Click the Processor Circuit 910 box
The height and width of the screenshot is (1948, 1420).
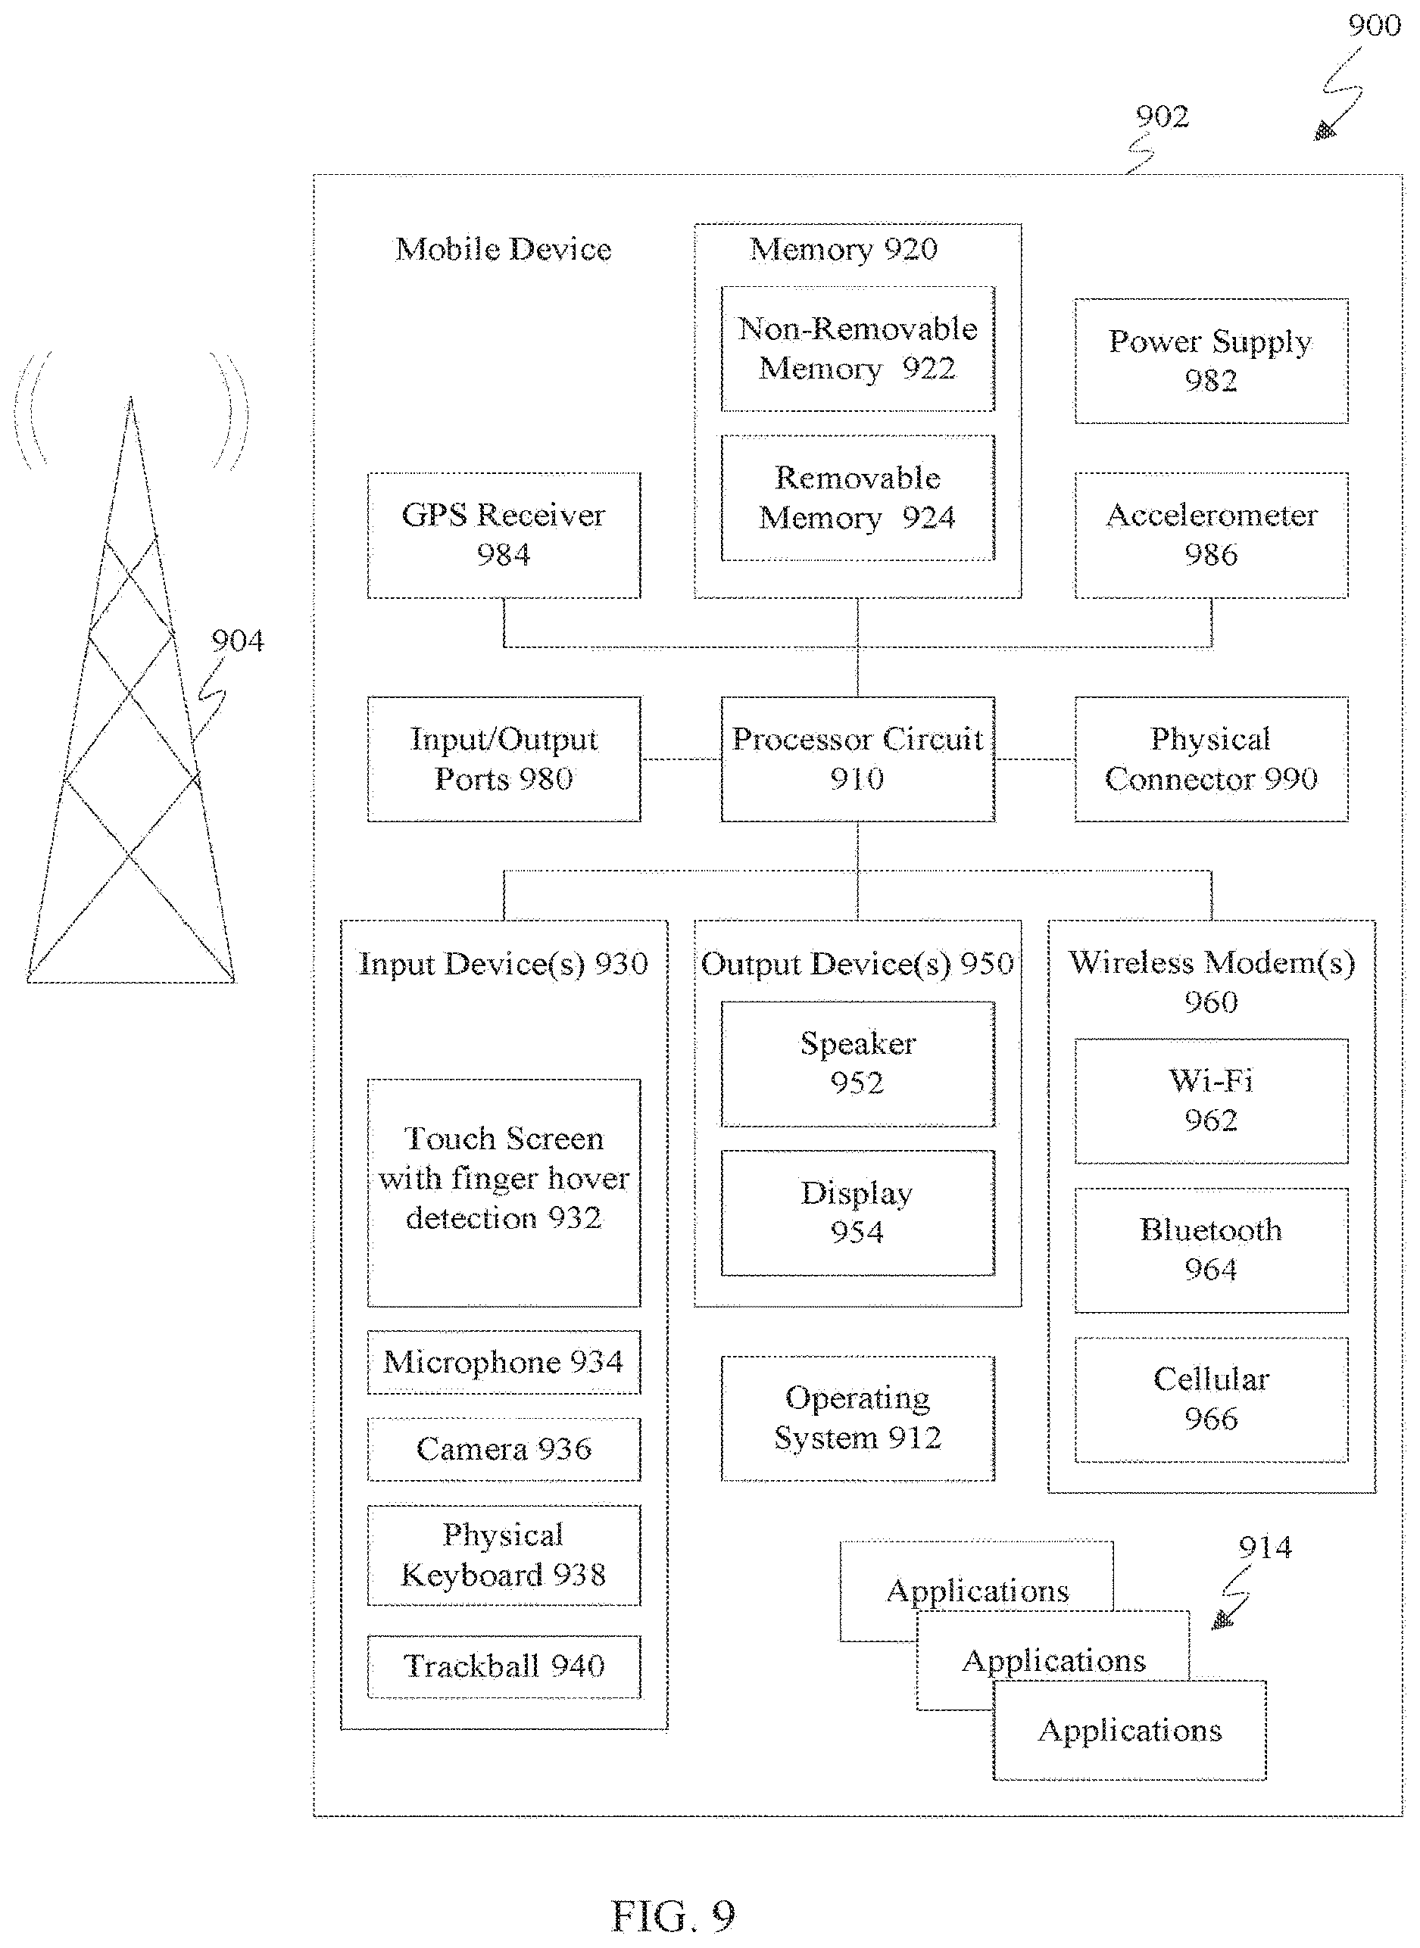coord(857,759)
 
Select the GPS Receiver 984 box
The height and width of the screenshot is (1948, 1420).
coord(504,535)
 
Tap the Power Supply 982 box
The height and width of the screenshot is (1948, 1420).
coord(1211,361)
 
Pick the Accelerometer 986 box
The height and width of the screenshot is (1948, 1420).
coord(1211,535)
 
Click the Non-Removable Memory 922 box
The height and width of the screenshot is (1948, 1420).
coord(857,348)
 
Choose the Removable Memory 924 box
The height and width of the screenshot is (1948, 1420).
coord(857,497)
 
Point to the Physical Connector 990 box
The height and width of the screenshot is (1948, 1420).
coord(1211,759)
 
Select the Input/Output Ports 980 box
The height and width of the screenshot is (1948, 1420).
coord(504,759)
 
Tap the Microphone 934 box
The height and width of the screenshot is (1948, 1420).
coord(504,1362)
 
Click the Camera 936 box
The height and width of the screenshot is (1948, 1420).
coord(504,1449)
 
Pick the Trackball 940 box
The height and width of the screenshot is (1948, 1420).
coord(504,1666)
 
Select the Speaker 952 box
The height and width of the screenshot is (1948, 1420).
coord(857,1063)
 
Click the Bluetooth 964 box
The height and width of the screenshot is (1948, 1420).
coord(1211,1249)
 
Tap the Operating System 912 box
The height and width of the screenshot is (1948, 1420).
coord(857,1418)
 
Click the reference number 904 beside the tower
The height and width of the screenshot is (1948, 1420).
coord(237,641)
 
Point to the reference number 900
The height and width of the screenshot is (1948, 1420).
coord(1374,26)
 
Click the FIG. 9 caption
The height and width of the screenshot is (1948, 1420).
coord(673,1915)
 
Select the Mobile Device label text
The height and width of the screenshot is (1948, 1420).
coord(503,249)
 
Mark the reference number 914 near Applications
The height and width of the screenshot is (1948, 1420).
coord(1265,1547)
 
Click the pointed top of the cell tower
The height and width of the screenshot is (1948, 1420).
coord(131,397)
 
